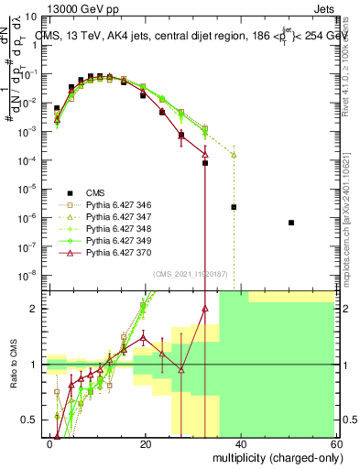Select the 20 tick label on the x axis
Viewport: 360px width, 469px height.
pyautogui.click(x=146, y=443)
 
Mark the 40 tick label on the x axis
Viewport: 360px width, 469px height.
pyautogui.click(x=240, y=443)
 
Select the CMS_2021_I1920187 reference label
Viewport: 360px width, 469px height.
pyautogui.click(x=190, y=274)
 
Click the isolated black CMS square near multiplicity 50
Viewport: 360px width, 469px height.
pyautogui.click(x=290, y=223)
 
